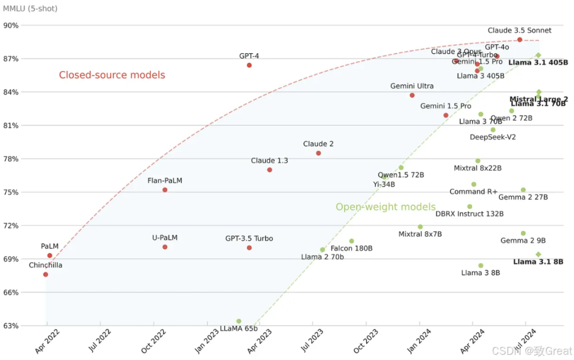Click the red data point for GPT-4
click(x=249, y=65)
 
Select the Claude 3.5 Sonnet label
click(x=519, y=30)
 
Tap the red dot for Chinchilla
click(x=46, y=274)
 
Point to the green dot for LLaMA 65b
click(x=239, y=321)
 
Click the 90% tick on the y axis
click(x=11, y=25)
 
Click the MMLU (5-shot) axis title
click(x=30, y=9)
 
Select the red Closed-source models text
click(x=112, y=75)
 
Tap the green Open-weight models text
click(x=385, y=207)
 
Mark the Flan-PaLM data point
click(x=165, y=190)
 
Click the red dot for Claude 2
click(x=318, y=153)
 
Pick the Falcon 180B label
click(x=351, y=248)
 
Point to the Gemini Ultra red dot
click(x=412, y=95)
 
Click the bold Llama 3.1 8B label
click(x=538, y=262)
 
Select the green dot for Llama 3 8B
click(x=480, y=265)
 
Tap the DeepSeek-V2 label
click(x=493, y=137)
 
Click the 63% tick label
click(x=11, y=326)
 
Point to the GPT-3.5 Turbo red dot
click(x=249, y=248)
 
